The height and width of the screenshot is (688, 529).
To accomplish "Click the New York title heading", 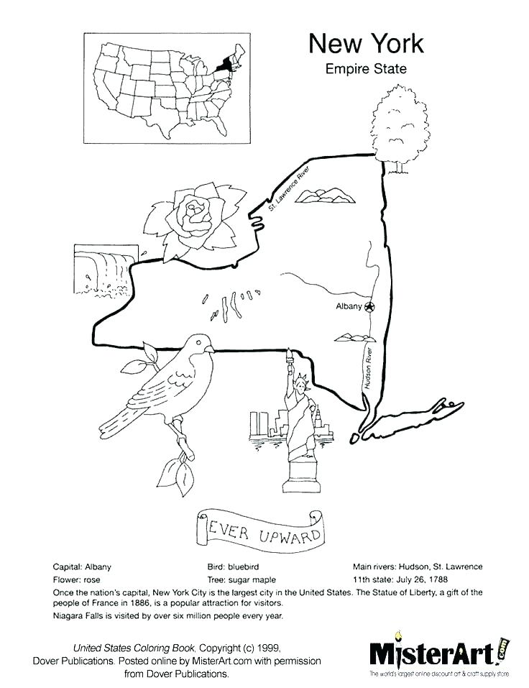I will point(366,44).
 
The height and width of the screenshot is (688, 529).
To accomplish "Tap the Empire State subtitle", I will point(366,70).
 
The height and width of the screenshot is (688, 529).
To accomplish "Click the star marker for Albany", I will point(369,307).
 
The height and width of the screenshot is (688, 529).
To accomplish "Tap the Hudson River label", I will point(369,367).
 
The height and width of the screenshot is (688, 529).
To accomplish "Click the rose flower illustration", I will point(193,219).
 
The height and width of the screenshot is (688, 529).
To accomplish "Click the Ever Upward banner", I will point(259,528).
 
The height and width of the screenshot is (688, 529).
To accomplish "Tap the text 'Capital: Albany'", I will point(82,567).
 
